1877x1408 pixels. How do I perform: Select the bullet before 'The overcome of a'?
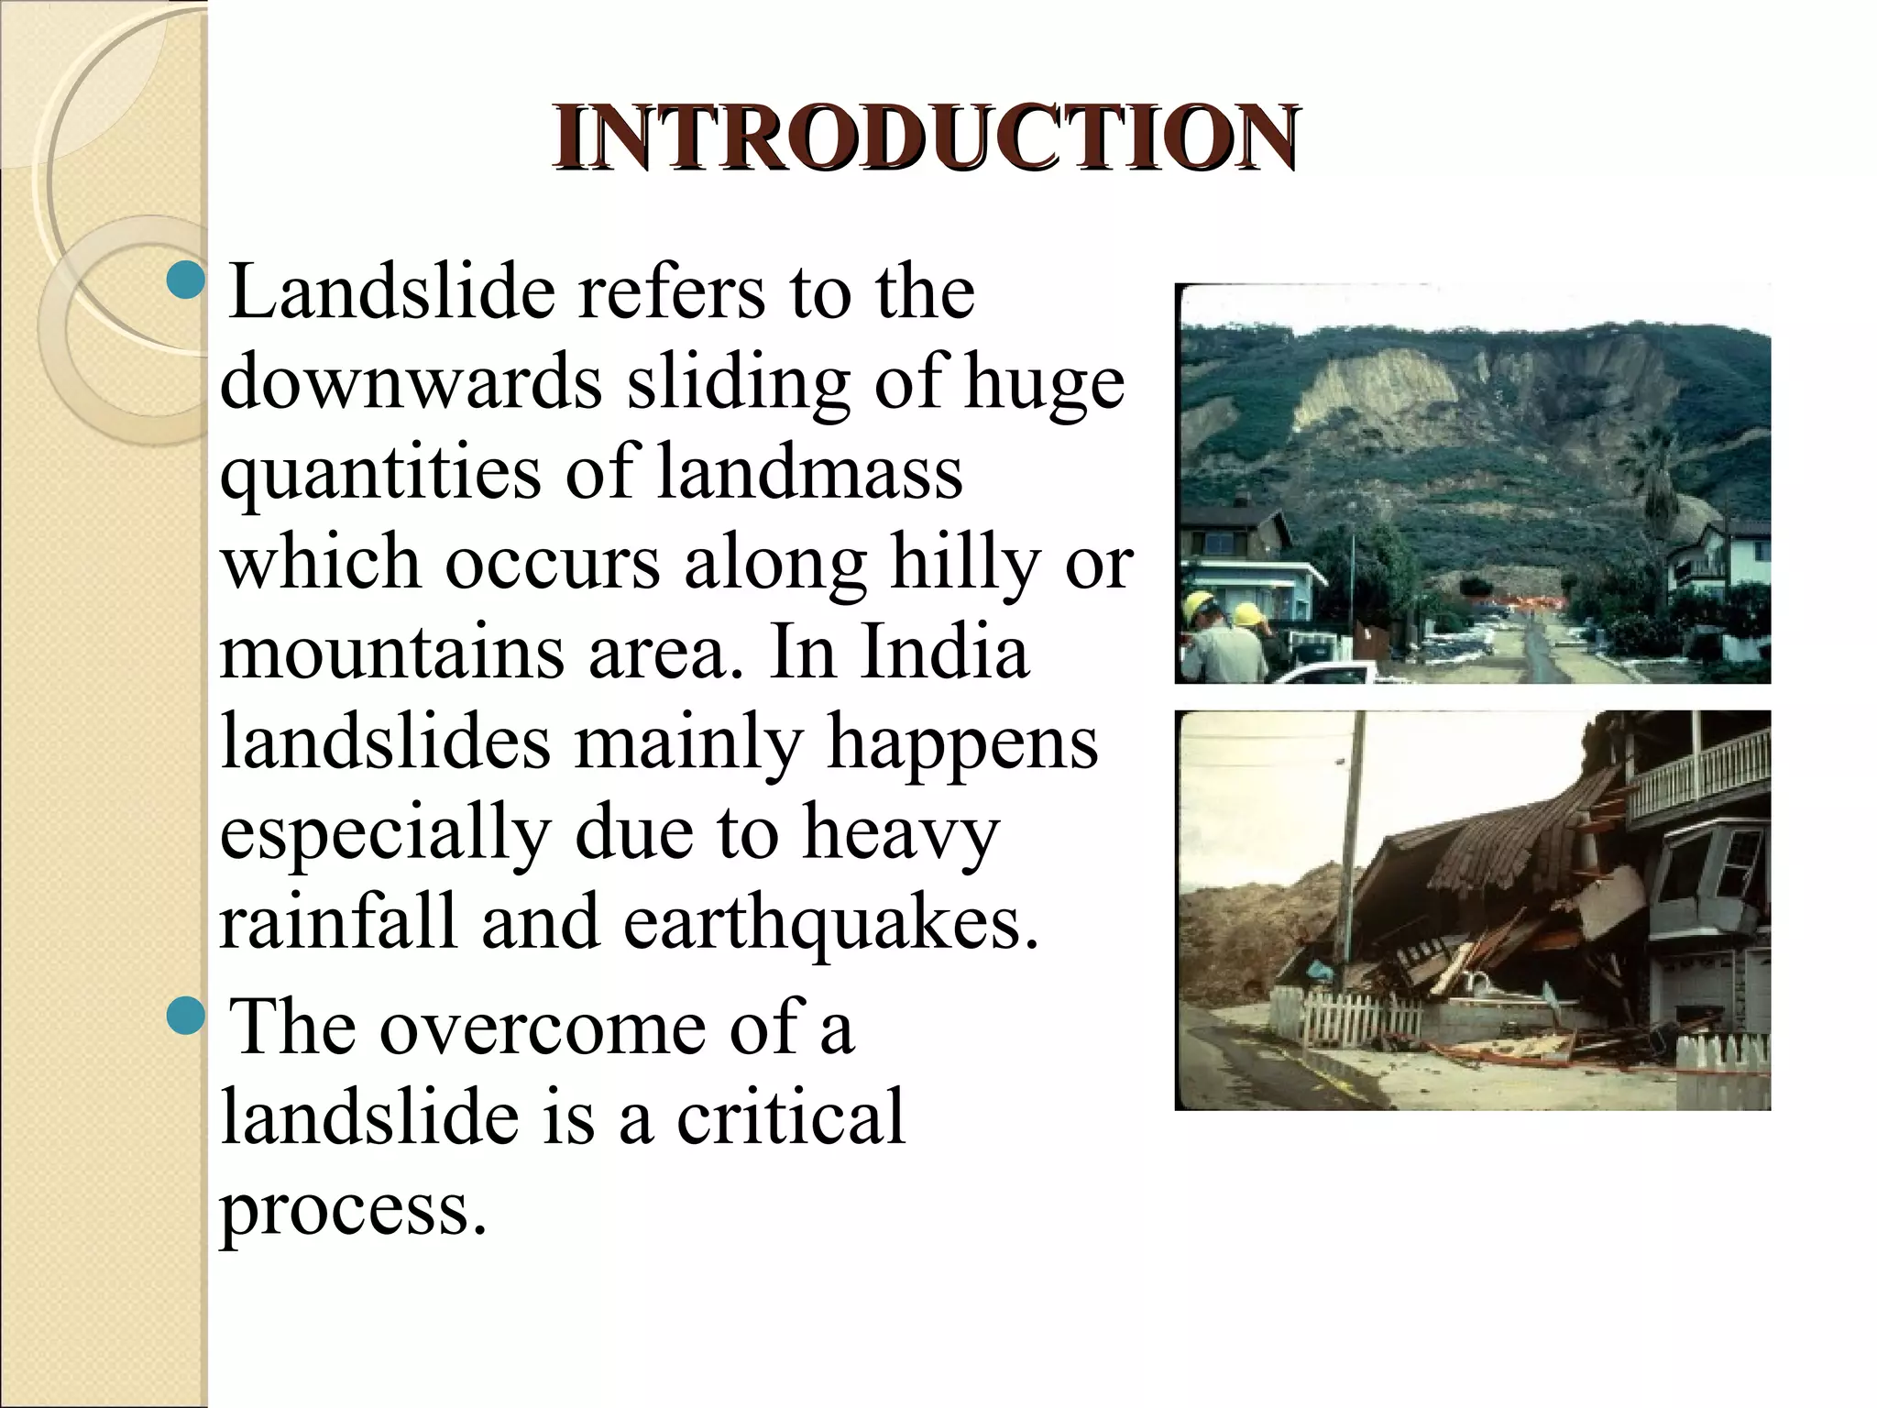186,1015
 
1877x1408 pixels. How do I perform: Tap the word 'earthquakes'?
831,922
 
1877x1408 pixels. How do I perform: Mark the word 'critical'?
791,1117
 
